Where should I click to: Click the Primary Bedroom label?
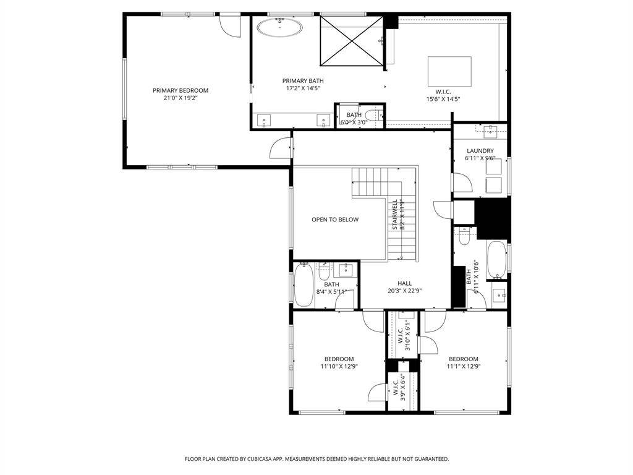181,90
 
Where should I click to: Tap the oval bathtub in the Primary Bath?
280,27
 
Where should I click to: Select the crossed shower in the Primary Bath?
351,41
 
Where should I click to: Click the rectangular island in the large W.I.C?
449,72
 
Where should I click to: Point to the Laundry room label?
480,151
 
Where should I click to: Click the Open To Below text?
335,220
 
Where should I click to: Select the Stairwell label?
395,215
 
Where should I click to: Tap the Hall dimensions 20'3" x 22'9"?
404,291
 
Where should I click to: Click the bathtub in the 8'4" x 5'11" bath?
304,285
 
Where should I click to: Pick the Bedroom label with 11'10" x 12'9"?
339,359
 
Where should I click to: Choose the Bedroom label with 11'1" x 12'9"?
464,359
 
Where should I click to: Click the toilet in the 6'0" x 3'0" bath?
373,115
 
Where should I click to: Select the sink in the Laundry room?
490,129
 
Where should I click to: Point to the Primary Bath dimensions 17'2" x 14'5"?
303,88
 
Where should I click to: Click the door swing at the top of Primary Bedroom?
231,27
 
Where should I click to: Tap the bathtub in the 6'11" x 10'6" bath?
496,260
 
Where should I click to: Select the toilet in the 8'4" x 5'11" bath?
324,272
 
